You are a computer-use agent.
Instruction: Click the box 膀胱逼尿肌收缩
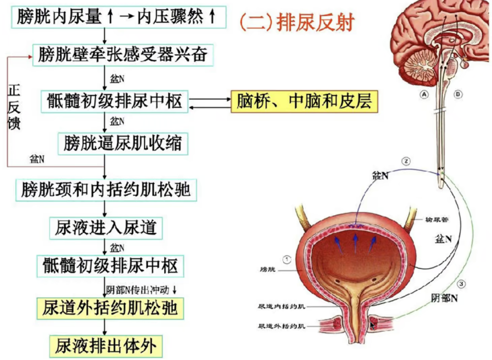point(123,144)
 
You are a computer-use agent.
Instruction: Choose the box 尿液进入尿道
point(106,227)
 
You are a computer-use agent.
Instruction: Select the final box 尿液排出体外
point(106,347)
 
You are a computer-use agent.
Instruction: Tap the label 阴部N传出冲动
point(140,289)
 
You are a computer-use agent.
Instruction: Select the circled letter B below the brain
point(458,94)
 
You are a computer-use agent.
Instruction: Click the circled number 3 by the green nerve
point(461,284)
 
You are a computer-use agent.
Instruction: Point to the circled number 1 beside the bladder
point(287,259)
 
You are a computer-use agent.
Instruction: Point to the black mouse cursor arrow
point(372,325)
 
